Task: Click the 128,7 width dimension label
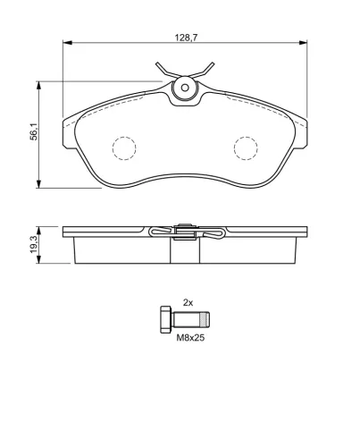point(186,38)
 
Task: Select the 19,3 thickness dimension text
point(33,244)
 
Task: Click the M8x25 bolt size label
point(190,338)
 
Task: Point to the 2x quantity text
point(188,303)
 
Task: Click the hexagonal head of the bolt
point(166,319)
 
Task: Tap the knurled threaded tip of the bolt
point(205,319)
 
